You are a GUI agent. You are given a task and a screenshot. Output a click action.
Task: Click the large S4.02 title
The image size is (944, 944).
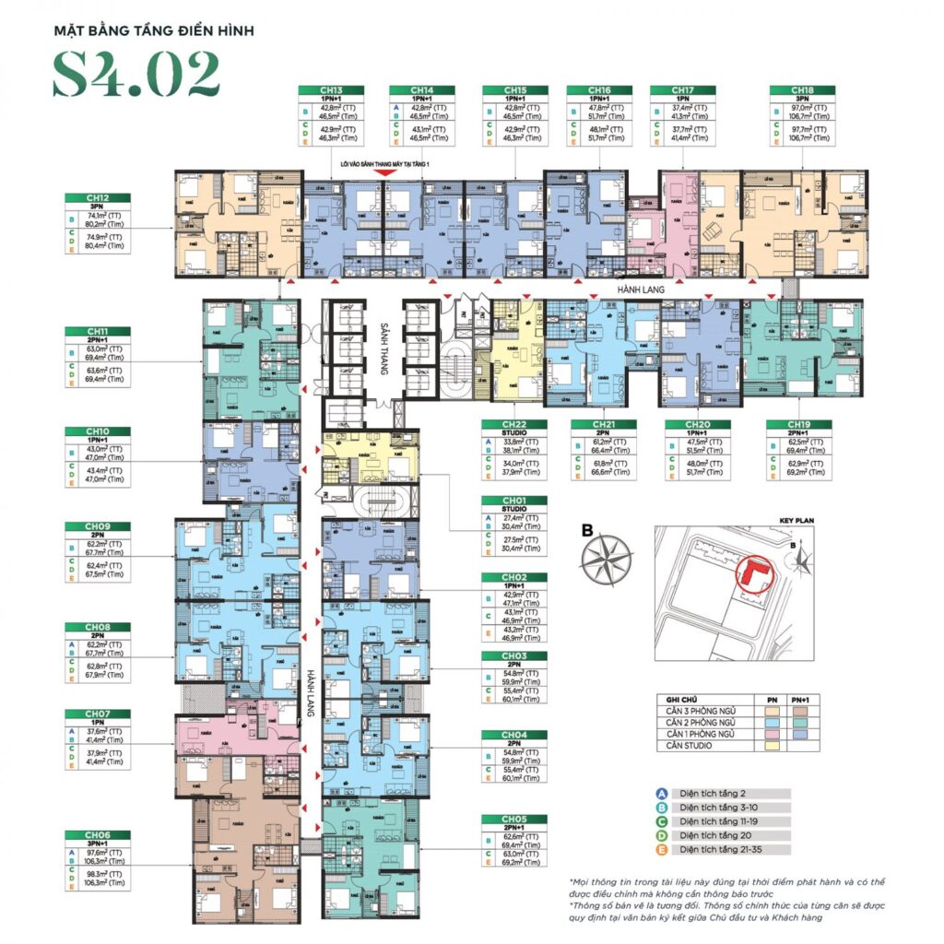pyautogui.click(x=136, y=75)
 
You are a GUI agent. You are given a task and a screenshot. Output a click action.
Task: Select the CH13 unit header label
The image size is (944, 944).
pyautogui.click(x=328, y=90)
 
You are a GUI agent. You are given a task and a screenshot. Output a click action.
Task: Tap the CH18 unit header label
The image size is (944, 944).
pyautogui.click(x=799, y=90)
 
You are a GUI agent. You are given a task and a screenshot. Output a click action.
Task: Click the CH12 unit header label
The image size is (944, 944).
pyautogui.click(x=98, y=198)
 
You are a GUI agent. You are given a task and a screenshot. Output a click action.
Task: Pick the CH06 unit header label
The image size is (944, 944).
pyautogui.click(x=98, y=834)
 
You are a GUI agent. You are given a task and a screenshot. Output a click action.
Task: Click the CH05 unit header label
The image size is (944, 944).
pyautogui.click(x=513, y=819)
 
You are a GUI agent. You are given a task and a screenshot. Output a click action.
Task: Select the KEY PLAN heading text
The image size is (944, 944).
pyautogui.click(x=798, y=520)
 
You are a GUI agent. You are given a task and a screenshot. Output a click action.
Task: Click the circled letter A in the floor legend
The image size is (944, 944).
pyautogui.click(x=662, y=793)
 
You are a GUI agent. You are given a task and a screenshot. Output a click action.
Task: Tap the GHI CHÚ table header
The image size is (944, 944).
pyautogui.click(x=673, y=700)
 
